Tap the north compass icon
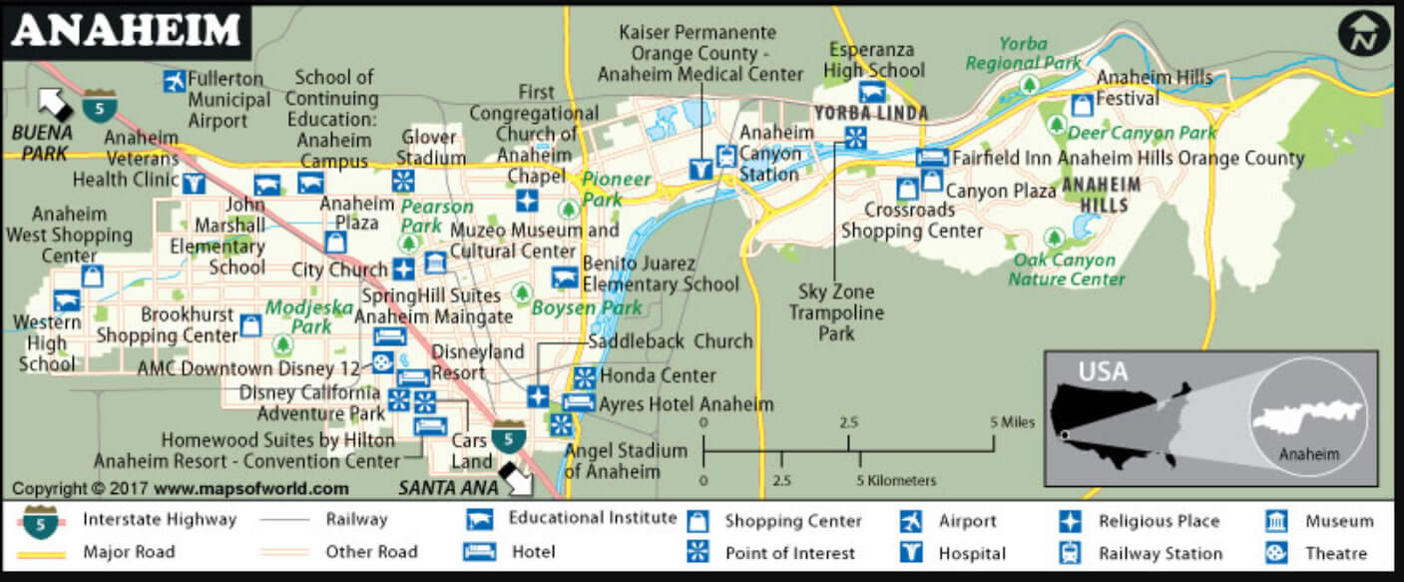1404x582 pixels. [x=1363, y=34]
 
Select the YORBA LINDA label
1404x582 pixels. [x=870, y=114]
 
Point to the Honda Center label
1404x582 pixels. [x=658, y=376]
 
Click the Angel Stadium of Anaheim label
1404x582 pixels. [x=626, y=460]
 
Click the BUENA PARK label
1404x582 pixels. [x=42, y=142]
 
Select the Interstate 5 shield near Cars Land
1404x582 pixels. [x=509, y=436]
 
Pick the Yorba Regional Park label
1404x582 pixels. [x=1023, y=53]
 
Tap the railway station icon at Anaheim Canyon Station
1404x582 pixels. [x=726, y=156]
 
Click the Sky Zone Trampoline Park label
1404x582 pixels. [x=835, y=311]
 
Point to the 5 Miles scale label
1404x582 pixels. [x=1012, y=422]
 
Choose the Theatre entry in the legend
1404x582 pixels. [x=1335, y=553]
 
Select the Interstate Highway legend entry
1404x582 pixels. [x=160, y=519]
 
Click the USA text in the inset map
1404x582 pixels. [x=1103, y=372]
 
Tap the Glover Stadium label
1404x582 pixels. [x=431, y=147]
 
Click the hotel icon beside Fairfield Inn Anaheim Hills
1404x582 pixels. [x=931, y=158]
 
